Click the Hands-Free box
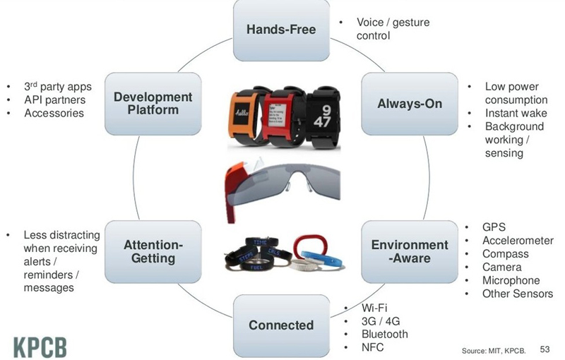281,30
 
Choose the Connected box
281,325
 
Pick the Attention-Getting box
153,251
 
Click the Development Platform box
153,104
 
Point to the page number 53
545,349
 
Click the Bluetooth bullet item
384,334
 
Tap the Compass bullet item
506,254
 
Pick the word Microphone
511,280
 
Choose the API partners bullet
54,100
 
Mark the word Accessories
54,113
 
